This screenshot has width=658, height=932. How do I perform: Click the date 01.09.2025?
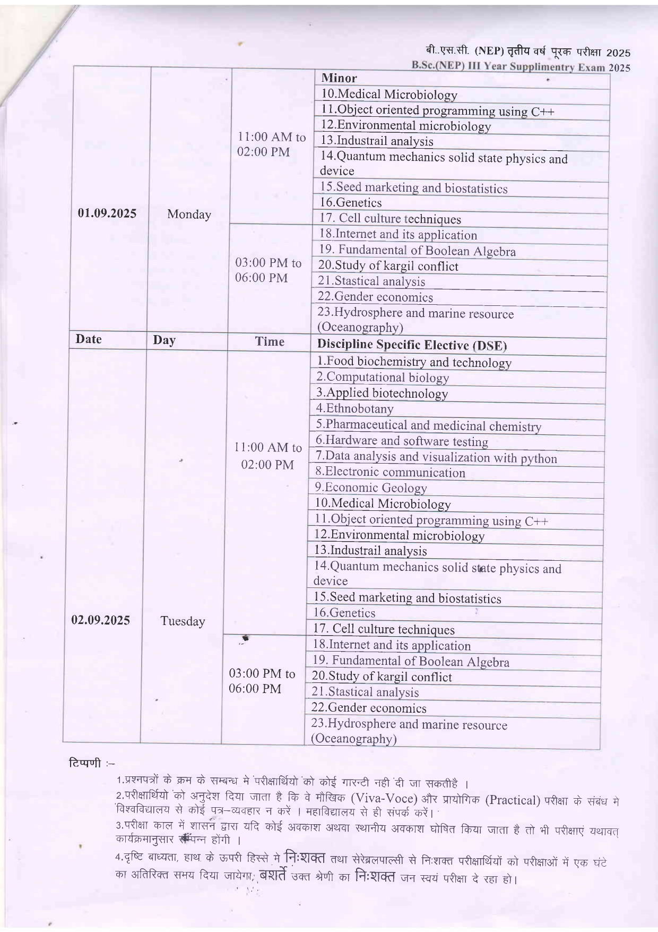(107, 213)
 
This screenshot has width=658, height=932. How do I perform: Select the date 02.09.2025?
(101, 620)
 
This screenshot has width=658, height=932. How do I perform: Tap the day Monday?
(189, 215)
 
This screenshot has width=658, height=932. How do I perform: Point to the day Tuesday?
(183, 621)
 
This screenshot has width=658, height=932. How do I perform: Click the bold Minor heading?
(339, 78)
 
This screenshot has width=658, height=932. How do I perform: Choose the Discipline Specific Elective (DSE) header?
(412, 345)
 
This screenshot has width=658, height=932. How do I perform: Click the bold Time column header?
(270, 341)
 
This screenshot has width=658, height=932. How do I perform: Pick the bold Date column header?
(89, 339)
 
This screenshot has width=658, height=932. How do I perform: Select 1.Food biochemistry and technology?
(414, 362)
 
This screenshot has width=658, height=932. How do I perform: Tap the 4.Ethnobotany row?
(354, 408)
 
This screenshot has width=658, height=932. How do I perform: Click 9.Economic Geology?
(370, 488)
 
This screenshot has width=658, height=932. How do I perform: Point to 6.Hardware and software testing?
(402, 441)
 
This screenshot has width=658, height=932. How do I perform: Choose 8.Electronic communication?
(390, 472)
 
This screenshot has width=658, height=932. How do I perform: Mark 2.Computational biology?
(383, 378)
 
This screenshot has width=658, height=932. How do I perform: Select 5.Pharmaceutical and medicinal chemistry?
(428, 425)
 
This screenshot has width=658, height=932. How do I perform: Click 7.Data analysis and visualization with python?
(436, 457)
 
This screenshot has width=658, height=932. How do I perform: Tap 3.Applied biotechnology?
(382, 393)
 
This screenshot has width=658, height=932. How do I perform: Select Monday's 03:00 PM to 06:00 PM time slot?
(268, 270)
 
